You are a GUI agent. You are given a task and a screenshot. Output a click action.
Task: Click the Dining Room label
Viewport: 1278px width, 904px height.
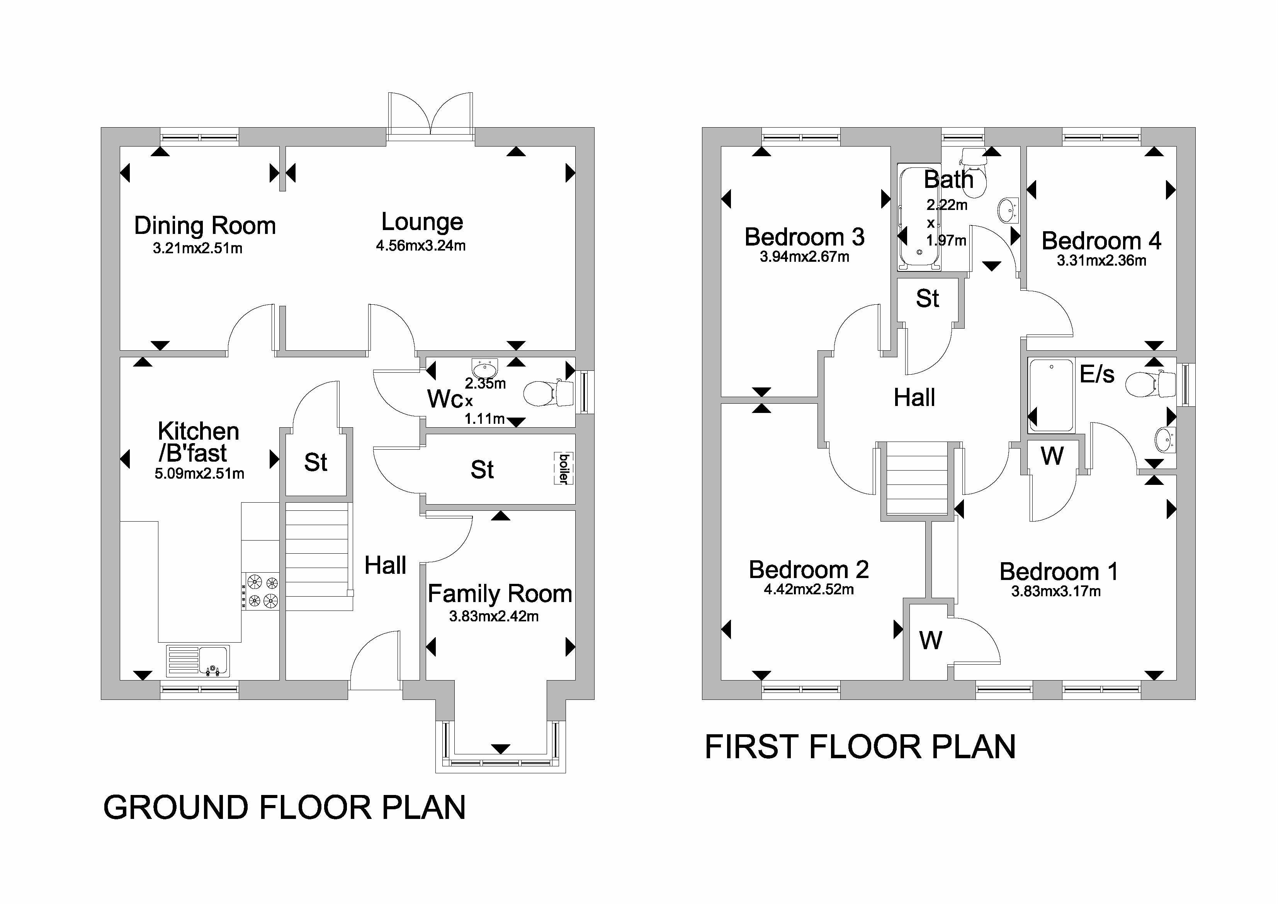(205, 225)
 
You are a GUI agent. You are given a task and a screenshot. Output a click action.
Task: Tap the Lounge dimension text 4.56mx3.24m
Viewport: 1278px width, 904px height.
(421, 246)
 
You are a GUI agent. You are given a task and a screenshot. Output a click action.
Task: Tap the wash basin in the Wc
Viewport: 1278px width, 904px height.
(484, 368)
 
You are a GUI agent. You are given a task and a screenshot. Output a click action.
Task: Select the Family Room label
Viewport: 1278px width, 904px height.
(499, 594)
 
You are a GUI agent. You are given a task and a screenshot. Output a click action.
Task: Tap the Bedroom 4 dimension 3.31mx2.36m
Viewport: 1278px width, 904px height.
(1101, 261)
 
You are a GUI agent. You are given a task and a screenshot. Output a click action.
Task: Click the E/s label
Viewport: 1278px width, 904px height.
(1096, 374)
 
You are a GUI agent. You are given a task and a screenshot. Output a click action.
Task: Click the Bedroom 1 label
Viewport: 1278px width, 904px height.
(1058, 571)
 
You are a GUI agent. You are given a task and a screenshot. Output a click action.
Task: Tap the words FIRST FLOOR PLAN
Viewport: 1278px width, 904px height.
(860, 747)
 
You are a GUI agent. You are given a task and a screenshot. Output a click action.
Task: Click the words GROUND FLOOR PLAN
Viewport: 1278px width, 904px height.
(284, 808)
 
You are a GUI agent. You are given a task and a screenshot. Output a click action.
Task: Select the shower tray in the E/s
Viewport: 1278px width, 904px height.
(1051, 396)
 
